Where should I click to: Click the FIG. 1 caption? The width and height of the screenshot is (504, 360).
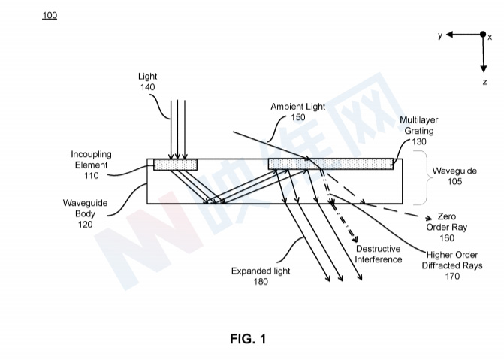point(247,339)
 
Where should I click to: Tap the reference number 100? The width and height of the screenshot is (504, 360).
point(50,15)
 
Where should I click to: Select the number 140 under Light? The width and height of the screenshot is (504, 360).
point(147,88)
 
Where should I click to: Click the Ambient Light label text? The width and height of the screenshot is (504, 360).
point(298,107)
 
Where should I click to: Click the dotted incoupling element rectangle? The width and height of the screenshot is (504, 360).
point(175,165)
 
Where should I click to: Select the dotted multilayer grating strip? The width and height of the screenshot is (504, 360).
point(330,163)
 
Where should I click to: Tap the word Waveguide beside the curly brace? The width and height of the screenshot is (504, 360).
point(454,171)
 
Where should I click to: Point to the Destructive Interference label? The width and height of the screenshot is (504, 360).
point(379,254)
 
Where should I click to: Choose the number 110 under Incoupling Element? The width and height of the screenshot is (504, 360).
point(91,175)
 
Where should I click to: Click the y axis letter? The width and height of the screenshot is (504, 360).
point(440,35)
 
